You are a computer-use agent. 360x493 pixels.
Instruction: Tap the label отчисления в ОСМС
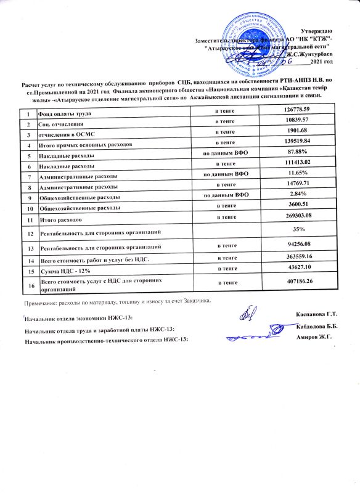coord(65,134)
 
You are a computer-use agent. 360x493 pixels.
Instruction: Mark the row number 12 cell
coord(28,233)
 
